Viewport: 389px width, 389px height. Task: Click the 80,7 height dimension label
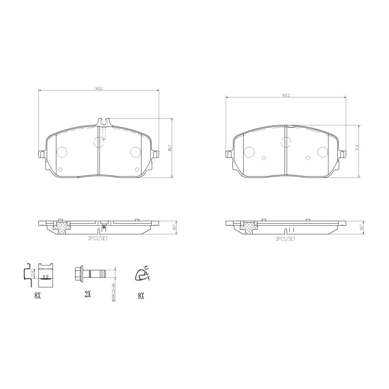170,147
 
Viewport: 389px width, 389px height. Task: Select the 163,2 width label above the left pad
99,88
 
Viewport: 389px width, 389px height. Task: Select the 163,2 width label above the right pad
286,95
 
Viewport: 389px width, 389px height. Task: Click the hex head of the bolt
79,272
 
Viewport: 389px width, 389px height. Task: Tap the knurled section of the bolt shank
99,273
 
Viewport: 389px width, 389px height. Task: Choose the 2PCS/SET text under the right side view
285,239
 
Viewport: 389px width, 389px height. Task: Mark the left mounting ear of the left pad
41,155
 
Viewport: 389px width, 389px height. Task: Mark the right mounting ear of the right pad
343,155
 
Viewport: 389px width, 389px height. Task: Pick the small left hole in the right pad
264,158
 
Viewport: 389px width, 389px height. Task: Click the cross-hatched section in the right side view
249,227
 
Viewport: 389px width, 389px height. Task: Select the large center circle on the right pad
286,141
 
